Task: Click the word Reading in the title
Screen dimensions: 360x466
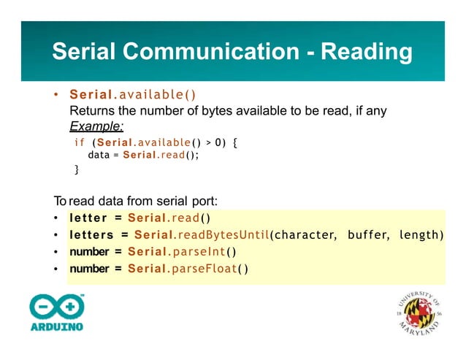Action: tap(367, 52)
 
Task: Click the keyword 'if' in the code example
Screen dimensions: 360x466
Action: tap(80, 142)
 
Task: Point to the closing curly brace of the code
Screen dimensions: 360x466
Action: tap(77, 169)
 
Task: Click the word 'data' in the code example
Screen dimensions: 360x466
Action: tap(99, 156)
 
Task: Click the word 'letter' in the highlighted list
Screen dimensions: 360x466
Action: tap(88, 218)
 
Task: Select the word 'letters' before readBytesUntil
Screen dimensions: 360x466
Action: tap(91, 234)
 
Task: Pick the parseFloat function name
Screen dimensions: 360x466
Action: tap(207, 269)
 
